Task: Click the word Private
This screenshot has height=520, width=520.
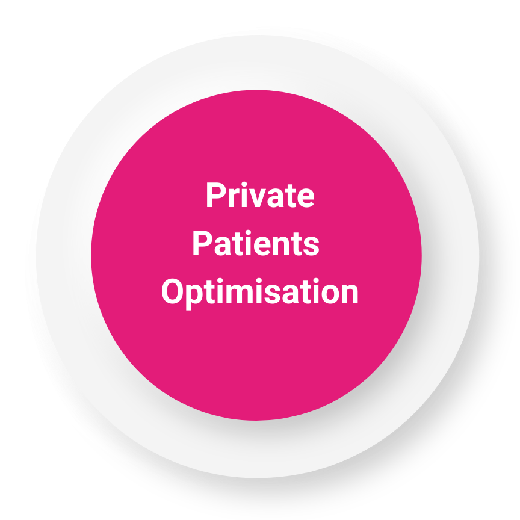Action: pyautogui.click(x=261, y=194)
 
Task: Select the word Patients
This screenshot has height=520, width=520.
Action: pyautogui.click(x=256, y=243)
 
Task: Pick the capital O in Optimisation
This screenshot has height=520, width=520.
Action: pyautogui.click(x=172, y=291)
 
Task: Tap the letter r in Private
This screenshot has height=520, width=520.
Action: pyautogui.click(x=234, y=197)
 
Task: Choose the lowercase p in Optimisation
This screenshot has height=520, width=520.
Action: pyautogui.click(x=194, y=297)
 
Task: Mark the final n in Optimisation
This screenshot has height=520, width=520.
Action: pyautogui.click(x=350, y=294)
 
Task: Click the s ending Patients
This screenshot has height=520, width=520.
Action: pyautogui.click(x=311, y=246)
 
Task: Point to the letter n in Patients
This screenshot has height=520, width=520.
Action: pyautogui.click(x=281, y=246)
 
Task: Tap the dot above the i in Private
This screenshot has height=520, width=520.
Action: pyautogui.click(x=244, y=184)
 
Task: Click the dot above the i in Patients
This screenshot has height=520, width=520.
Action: pyautogui.click(x=248, y=233)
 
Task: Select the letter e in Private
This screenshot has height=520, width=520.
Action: pyautogui.click(x=305, y=199)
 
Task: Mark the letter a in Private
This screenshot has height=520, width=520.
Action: pyautogui.click(x=275, y=199)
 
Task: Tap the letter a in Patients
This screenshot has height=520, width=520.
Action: pyautogui.click(x=222, y=246)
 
